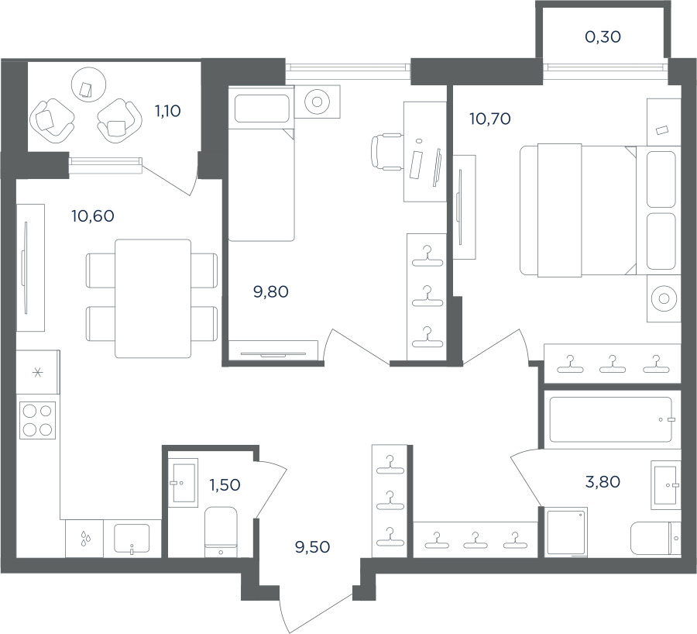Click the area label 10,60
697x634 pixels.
(93, 216)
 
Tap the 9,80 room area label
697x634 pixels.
(271, 292)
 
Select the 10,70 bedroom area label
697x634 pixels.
(490, 119)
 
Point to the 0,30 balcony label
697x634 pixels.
(603, 37)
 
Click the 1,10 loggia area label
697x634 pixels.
(167, 111)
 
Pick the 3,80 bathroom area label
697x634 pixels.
(603, 481)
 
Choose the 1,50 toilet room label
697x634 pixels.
(225, 484)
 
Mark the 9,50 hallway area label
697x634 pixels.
(313, 546)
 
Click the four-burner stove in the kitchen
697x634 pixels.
(37, 420)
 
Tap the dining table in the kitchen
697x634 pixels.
(153, 298)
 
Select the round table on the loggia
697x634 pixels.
(89, 84)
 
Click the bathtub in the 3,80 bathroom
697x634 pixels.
(611, 419)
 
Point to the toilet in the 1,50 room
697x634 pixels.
(221, 532)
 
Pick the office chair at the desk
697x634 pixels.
(386, 152)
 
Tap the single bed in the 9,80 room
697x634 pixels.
(262, 164)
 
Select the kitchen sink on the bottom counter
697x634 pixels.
(132, 539)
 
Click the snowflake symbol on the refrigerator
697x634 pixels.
(38, 372)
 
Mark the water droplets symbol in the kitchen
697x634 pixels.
(84, 539)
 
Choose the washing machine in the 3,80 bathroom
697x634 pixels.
(567, 532)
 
